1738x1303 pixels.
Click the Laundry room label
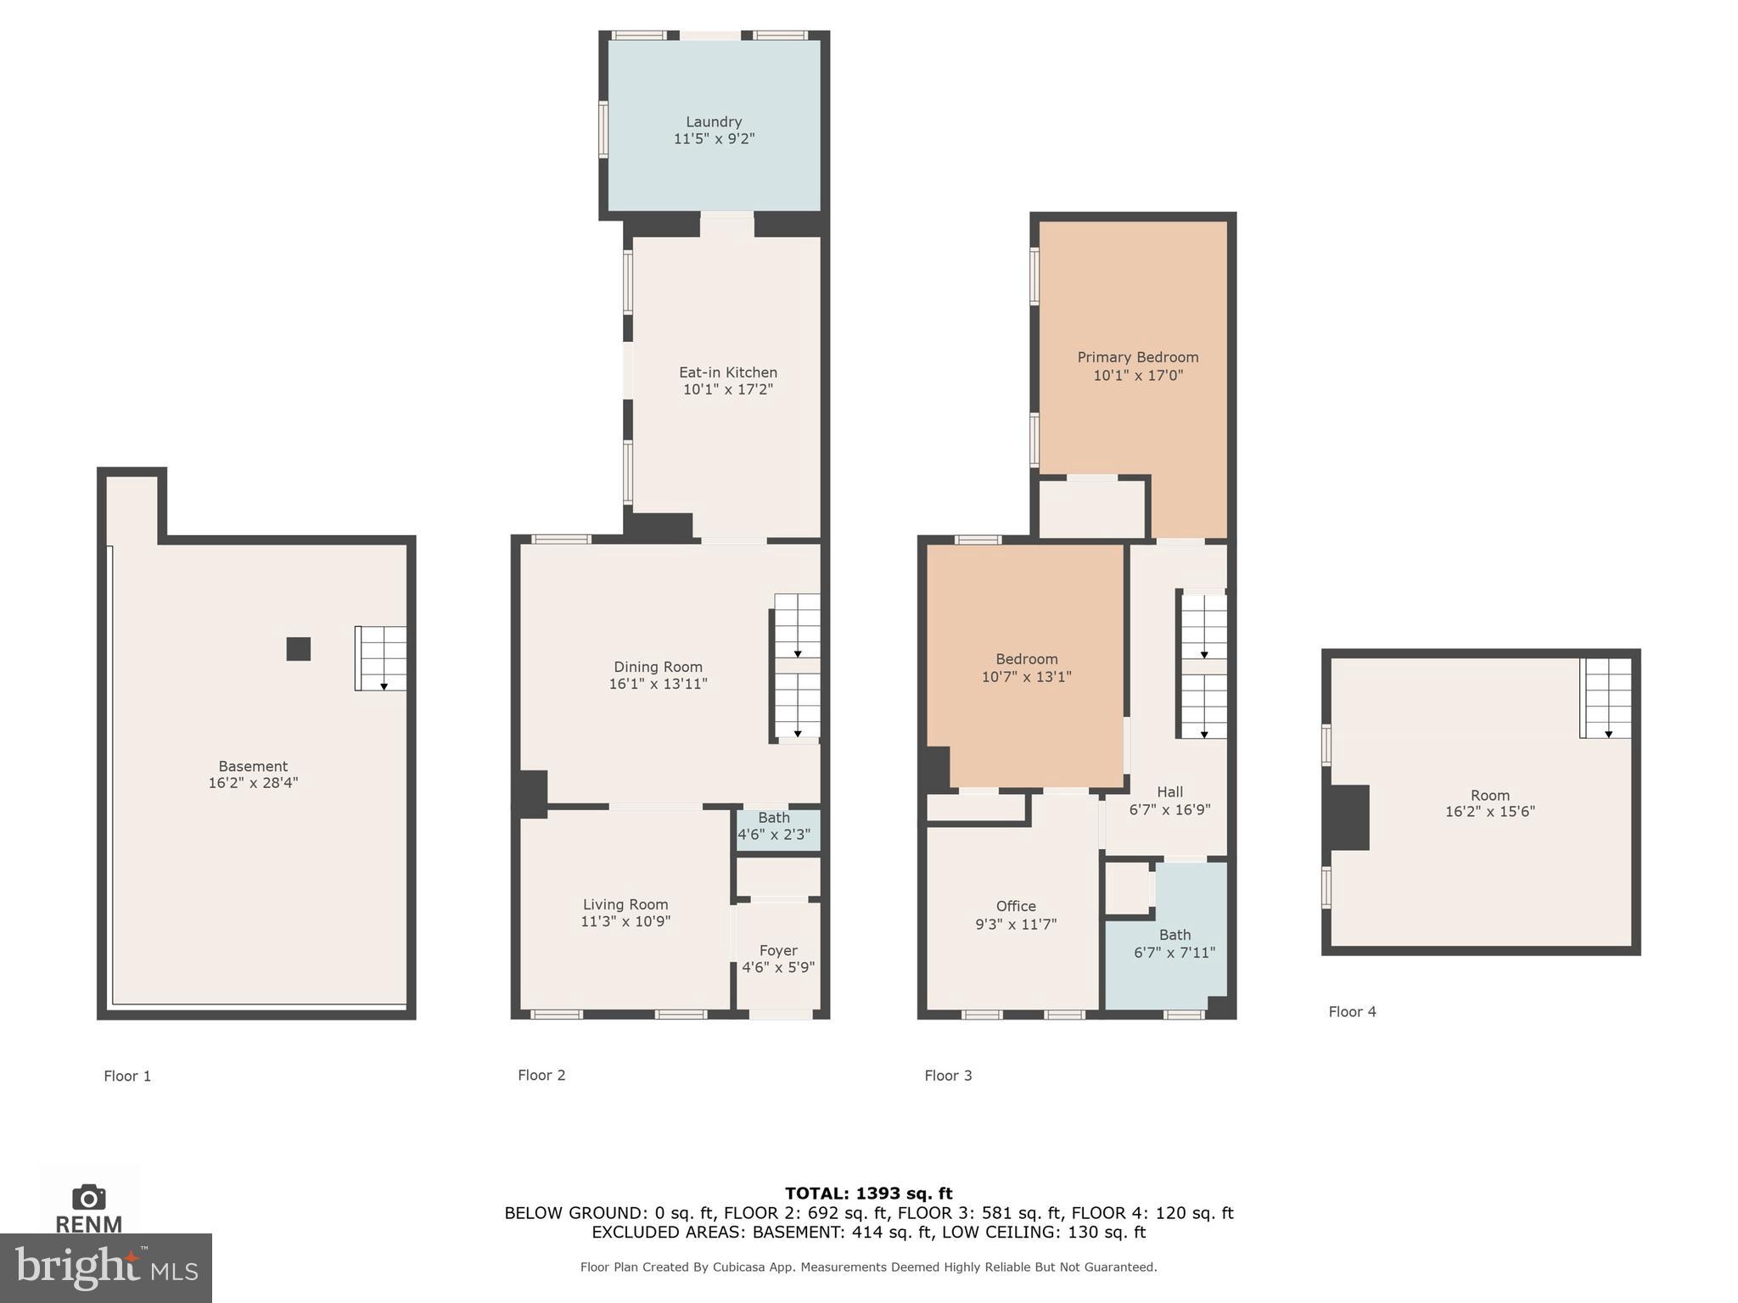714,122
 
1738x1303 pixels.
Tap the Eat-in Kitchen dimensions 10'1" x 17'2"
728,389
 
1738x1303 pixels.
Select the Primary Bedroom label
1137,357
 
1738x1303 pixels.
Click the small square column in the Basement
298,649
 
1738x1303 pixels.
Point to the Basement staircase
381,658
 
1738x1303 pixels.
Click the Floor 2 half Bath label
774,818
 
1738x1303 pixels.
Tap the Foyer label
778,950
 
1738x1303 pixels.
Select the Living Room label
625,904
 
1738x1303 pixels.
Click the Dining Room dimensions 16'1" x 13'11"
658,684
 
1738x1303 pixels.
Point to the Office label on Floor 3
1016,906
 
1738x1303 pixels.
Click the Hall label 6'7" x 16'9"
1169,801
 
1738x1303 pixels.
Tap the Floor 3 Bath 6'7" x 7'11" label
1175,943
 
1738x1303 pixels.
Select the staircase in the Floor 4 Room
1606,698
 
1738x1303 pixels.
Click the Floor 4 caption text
1352,1011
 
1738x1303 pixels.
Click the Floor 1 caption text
127,1076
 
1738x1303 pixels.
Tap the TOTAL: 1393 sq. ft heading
868,1194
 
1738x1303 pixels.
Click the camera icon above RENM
88,1197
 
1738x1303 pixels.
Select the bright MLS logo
106,1267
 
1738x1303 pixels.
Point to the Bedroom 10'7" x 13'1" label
1026,668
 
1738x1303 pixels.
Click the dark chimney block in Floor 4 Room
1349,818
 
